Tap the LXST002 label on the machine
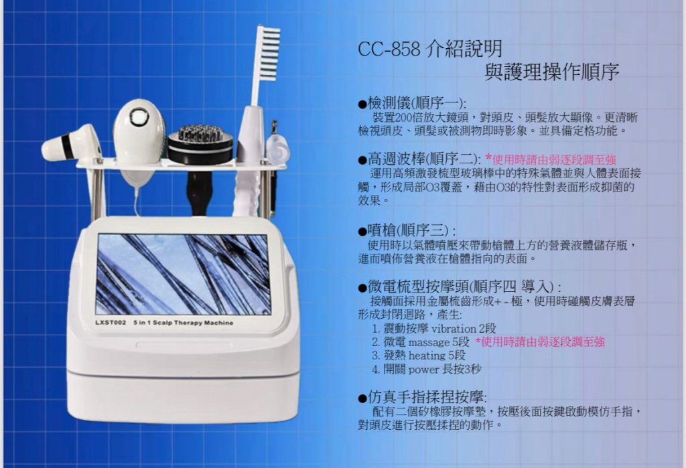pos(111,323)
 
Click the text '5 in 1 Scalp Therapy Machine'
pos(184,323)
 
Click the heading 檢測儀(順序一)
pos(412,103)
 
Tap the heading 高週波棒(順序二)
pos(419,159)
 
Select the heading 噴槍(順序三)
pos(407,230)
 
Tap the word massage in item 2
pos(429,342)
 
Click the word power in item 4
pos(423,370)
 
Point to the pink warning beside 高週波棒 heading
pos(551,159)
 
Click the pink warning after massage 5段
pos(540,341)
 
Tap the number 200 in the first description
pos(402,118)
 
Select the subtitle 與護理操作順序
pos(552,72)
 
